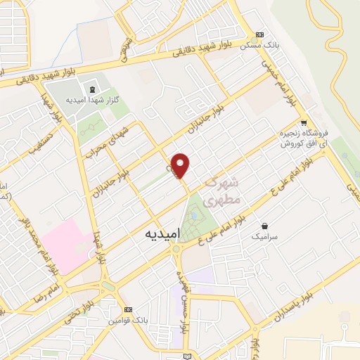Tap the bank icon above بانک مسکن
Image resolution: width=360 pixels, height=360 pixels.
(260, 35)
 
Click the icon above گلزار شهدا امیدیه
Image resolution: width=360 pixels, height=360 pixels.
(91, 89)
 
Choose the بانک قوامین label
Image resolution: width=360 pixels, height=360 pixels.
(127, 321)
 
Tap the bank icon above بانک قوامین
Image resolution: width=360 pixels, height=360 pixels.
(127, 309)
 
